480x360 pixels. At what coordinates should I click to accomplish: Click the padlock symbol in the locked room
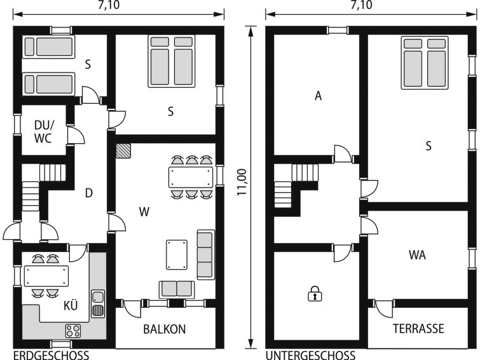[x=315, y=293]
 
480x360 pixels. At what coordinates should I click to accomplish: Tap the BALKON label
[x=165, y=329]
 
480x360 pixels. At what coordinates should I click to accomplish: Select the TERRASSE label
[x=418, y=328]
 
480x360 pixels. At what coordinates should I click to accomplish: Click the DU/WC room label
[x=43, y=132]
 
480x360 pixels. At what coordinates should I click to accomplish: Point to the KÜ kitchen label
[x=71, y=305]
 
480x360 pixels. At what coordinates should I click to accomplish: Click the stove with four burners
[x=73, y=331]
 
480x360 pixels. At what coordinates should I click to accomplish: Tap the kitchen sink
[x=98, y=303]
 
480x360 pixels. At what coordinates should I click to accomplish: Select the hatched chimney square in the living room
[x=123, y=151]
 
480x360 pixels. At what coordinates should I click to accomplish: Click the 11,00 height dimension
[x=242, y=183]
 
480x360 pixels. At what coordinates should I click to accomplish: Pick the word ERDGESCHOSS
[x=51, y=356]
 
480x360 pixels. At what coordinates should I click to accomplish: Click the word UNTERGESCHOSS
[x=310, y=356]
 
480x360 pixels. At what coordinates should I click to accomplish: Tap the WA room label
[x=417, y=255]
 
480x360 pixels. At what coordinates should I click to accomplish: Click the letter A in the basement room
[x=319, y=96]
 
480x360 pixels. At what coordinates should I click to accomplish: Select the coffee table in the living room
[x=177, y=255]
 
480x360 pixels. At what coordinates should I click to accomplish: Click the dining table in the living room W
[x=191, y=177]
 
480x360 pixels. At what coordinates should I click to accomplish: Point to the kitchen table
[x=46, y=276]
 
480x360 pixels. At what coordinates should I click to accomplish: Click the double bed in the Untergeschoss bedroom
[x=425, y=63]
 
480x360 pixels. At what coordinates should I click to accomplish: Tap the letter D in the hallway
[x=89, y=193]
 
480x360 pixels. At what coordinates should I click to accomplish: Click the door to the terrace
[x=383, y=308]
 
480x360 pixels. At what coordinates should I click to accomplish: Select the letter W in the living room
[x=144, y=212]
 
